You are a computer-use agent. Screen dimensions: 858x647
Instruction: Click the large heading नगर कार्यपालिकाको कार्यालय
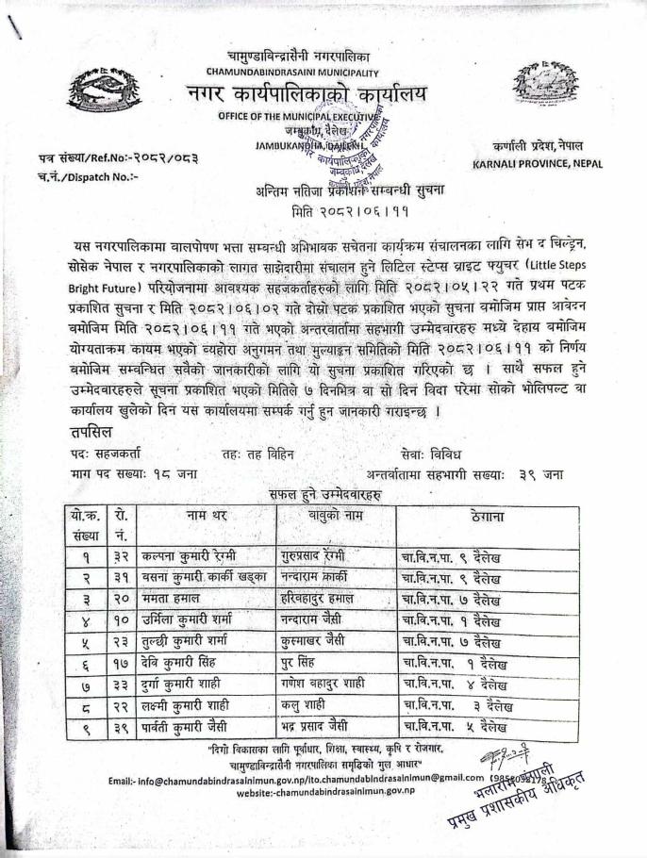pyautogui.click(x=306, y=95)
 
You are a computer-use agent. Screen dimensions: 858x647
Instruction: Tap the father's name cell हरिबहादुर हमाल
pyautogui.click(x=317, y=599)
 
